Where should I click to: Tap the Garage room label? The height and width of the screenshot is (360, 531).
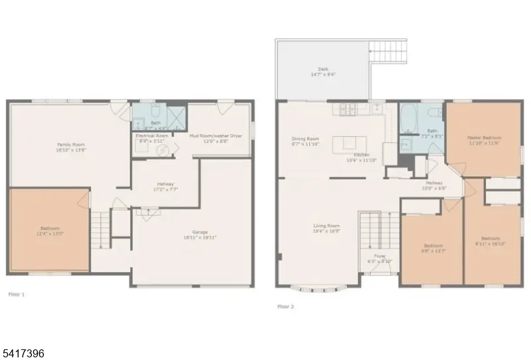pyautogui.click(x=200, y=232)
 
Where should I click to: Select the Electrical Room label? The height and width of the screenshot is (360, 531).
pyautogui.click(x=150, y=135)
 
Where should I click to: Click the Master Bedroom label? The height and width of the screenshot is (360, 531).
pyautogui.click(x=483, y=138)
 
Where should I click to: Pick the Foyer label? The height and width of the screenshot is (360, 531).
pyautogui.click(x=379, y=255)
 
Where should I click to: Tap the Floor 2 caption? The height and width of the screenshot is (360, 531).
pyautogui.click(x=285, y=306)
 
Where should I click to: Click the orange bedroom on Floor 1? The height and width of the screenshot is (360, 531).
pyautogui.click(x=49, y=229)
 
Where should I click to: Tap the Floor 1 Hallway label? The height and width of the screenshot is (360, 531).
pyautogui.click(x=165, y=187)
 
